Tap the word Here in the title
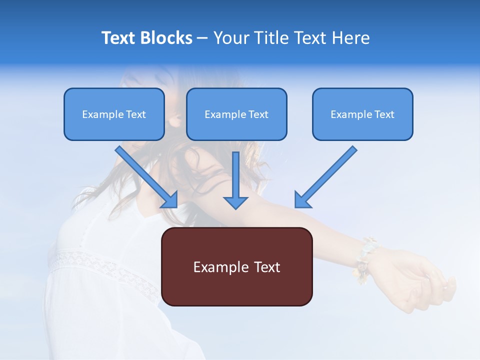pos(351,38)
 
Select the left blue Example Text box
pos(114,114)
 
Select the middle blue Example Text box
pos(236,114)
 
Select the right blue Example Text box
pos(362,114)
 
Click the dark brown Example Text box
pos(236,266)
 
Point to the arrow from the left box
pos(145,175)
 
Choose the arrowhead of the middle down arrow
pos(235,202)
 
